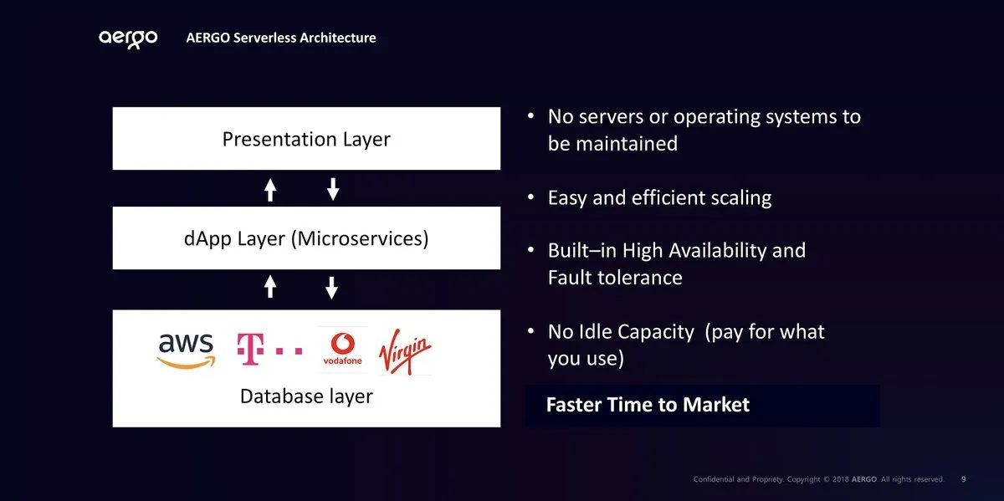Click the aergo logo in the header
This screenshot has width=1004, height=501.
click(128, 39)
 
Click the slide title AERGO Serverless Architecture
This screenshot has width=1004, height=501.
click(281, 38)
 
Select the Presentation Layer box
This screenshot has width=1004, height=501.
click(306, 138)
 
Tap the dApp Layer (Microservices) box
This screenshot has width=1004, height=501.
click(306, 238)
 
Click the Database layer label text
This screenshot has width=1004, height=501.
click(306, 396)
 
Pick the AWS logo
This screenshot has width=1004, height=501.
click(187, 351)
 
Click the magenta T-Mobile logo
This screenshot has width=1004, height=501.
click(269, 349)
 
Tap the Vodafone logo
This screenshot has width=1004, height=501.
click(342, 349)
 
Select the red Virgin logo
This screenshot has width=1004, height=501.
click(405, 351)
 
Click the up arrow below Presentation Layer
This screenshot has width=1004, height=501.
click(269, 190)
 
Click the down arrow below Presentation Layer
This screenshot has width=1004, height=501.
click(333, 189)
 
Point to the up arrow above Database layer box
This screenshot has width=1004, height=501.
click(269, 286)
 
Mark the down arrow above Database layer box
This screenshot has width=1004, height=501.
click(331, 288)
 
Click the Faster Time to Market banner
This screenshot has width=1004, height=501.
click(703, 406)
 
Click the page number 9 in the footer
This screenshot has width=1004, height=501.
click(964, 479)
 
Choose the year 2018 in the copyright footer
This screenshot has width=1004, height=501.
click(840, 479)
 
